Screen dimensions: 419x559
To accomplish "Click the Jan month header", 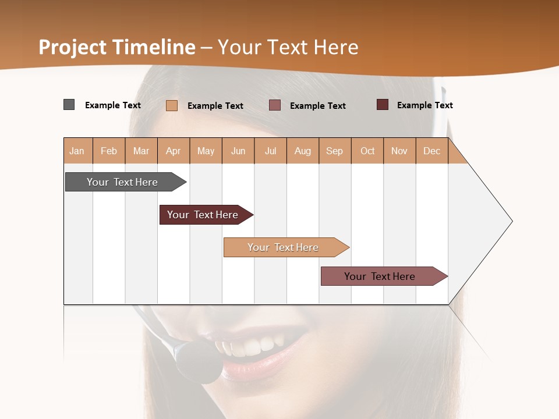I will tap(77, 151).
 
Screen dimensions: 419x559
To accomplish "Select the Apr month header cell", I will tap(173, 151).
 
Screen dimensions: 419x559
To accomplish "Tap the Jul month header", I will tap(270, 151).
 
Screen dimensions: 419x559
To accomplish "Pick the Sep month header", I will tap(334, 151).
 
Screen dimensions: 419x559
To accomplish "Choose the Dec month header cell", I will tap(431, 151).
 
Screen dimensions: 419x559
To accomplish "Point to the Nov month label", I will tap(399, 151).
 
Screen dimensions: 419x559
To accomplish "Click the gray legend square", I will tap(69, 105).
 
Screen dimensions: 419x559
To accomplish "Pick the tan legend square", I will tap(171, 105).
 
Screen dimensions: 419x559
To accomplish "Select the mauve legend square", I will tap(275, 105).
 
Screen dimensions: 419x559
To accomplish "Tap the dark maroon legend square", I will tap(382, 105).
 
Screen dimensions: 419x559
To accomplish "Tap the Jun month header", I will tap(238, 151).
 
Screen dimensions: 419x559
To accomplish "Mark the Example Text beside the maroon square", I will tap(424, 105).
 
